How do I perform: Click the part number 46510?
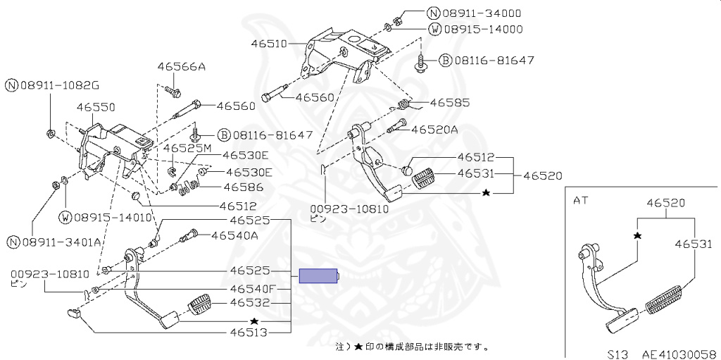pos(268,44)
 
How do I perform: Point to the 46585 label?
pos(449,102)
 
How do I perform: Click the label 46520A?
pos(434,130)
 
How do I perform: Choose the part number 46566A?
pos(181,67)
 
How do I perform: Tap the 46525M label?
pos(187,149)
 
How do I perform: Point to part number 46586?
pos(243,187)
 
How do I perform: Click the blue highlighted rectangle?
pos(320,275)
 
